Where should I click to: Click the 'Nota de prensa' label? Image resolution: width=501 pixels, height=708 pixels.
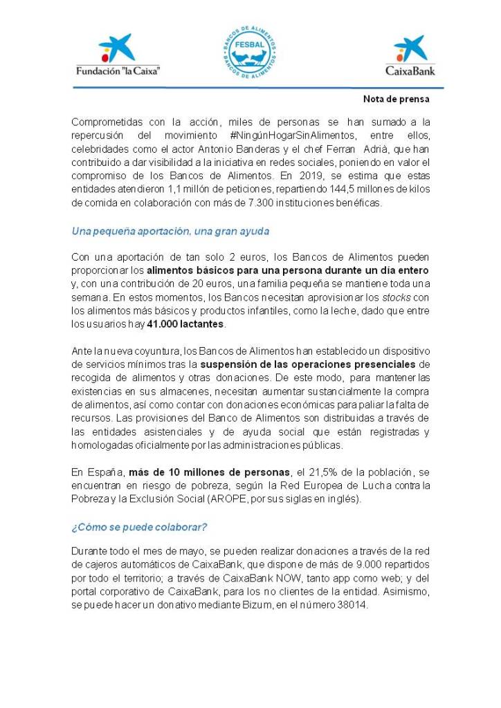(x=397, y=99)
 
